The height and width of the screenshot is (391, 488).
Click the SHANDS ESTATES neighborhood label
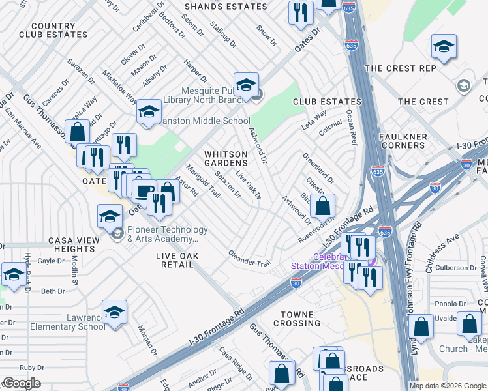click(226, 7)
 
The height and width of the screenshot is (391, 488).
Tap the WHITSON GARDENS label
click(226, 160)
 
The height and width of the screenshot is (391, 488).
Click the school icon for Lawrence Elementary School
click(114, 311)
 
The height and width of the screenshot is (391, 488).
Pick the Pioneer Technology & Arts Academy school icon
click(110, 215)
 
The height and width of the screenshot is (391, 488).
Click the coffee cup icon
click(144, 190)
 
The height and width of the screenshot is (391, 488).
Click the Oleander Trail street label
click(249, 258)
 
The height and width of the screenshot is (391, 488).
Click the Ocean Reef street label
click(352, 127)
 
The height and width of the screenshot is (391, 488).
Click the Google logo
click(21, 383)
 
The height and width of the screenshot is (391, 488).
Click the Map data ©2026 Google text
click(447, 386)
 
